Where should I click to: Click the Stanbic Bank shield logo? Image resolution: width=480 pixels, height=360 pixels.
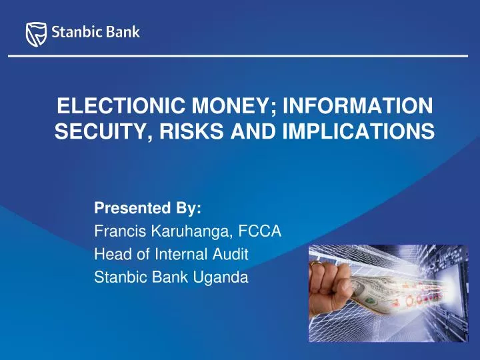[x=36, y=34]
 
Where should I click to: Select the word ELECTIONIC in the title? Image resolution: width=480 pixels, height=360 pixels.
[x=121, y=105]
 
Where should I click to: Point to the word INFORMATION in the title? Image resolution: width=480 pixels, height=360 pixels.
[x=358, y=105]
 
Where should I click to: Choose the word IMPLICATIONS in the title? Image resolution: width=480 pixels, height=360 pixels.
[x=359, y=131]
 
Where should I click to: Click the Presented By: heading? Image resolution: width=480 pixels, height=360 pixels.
[x=148, y=208]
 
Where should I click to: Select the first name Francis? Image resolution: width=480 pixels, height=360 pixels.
[x=120, y=231]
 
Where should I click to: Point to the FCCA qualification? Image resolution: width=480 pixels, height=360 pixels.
[x=260, y=231]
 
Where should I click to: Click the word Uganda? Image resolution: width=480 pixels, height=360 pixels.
[x=221, y=278]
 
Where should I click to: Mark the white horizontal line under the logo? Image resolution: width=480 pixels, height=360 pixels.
[x=238, y=56]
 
